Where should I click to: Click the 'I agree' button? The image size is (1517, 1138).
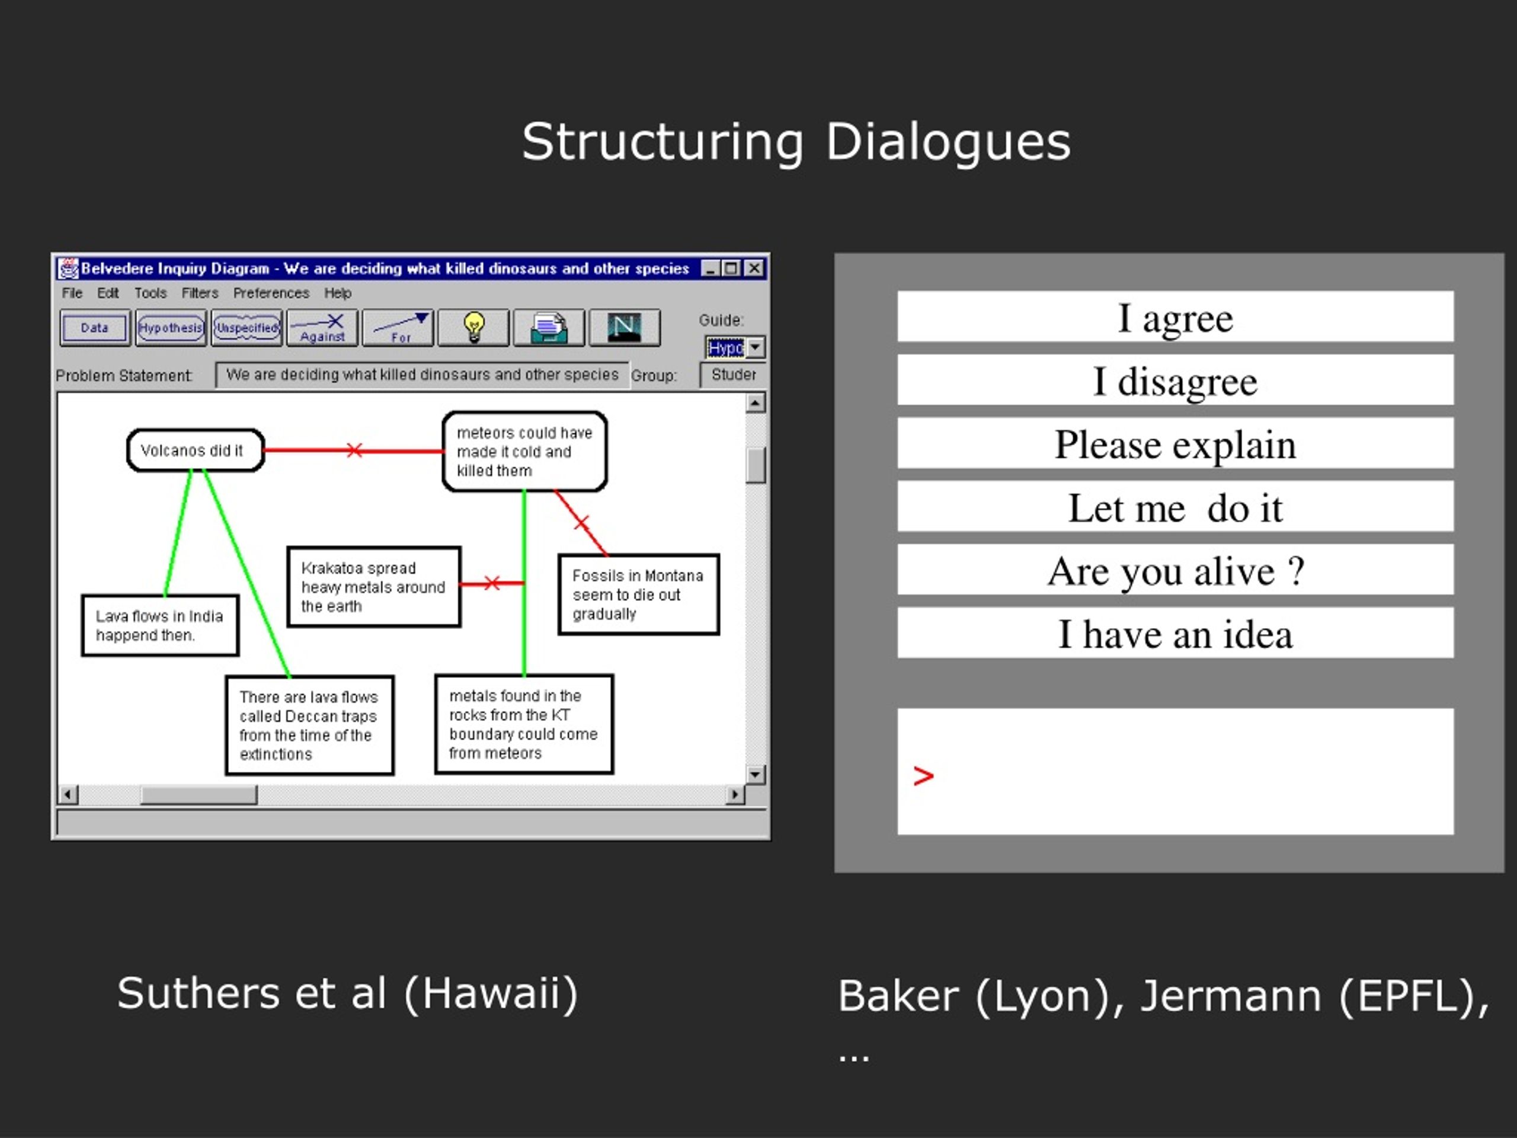click(1174, 317)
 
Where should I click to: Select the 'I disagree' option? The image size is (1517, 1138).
click(1174, 380)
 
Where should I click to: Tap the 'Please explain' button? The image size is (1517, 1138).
click(1174, 443)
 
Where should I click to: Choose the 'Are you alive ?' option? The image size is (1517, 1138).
click(1174, 570)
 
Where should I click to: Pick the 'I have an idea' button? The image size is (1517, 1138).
click(1174, 632)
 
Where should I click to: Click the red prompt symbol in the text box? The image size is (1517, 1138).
click(923, 776)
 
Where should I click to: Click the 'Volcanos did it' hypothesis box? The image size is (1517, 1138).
click(196, 450)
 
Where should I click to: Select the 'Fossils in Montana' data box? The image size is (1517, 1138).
click(638, 594)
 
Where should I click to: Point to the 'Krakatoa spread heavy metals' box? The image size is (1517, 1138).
click(374, 587)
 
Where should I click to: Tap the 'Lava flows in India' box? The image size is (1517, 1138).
click(161, 625)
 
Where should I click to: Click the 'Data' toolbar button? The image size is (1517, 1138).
click(95, 328)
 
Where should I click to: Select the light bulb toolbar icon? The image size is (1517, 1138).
click(474, 328)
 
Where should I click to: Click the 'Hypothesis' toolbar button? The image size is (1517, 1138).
click(171, 328)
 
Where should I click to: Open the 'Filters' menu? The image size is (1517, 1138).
click(200, 293)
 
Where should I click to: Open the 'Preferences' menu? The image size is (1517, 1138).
click(271, 293)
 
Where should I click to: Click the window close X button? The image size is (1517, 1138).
click(754, 268)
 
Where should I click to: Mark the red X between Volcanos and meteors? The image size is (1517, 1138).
click(354, 450)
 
